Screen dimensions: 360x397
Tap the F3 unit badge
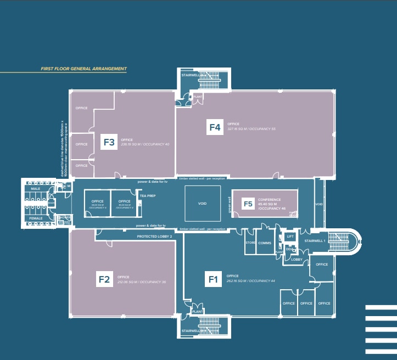click(x=109, y=143)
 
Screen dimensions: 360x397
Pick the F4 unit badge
click(x=215, y=127)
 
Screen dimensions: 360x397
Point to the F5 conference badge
click(x=248, y=204)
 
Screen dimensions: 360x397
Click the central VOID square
click(x=203, y=203)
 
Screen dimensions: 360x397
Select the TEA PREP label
click(x=146, y=195)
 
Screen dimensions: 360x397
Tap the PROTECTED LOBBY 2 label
click(x=154, y=236)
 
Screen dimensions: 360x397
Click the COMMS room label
click(x=265, y=242)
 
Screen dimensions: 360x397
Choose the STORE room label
click(x=250, y=242)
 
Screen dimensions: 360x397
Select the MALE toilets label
click(x=36, y=189)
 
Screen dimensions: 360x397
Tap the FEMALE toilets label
click(x=36, y=218)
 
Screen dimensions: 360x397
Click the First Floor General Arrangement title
click(x=83, y=69)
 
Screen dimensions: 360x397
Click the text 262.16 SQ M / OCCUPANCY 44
click(x=250, y=281)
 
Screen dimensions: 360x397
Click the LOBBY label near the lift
click(x=297, y=259)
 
